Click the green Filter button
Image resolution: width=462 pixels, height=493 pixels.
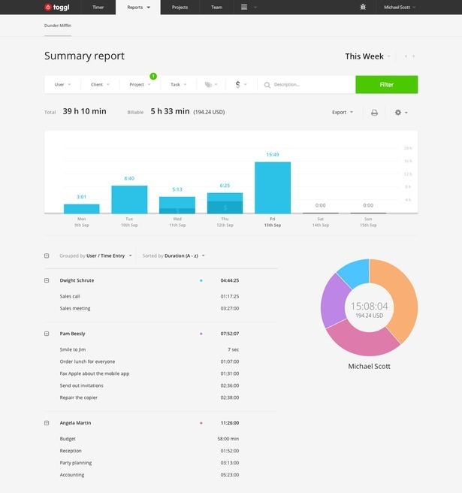[386, 84]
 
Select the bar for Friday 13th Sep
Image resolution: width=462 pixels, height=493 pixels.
[273, 188]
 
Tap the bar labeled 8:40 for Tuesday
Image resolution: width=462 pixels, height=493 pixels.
[129, 200]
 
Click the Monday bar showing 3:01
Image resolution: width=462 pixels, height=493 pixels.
[81, 209]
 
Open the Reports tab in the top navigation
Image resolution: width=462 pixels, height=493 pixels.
[137, 7]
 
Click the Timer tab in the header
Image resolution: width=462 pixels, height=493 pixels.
[98, 7]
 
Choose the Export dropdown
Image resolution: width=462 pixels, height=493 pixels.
[342, 112]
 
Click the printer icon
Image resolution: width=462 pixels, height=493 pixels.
[374, 112]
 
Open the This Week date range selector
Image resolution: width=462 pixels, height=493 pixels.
[368, 56]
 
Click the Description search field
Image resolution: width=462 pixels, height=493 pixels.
[308, 84]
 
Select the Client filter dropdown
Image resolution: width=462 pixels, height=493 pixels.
[100, 84]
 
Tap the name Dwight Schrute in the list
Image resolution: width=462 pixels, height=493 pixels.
[77, 280]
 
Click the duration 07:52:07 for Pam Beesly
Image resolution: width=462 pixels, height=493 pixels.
[229, 334]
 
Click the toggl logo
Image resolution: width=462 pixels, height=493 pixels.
[56, 7]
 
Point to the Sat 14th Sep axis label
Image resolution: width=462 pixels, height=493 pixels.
[320, 222]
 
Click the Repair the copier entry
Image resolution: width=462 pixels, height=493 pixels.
[78, 398]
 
